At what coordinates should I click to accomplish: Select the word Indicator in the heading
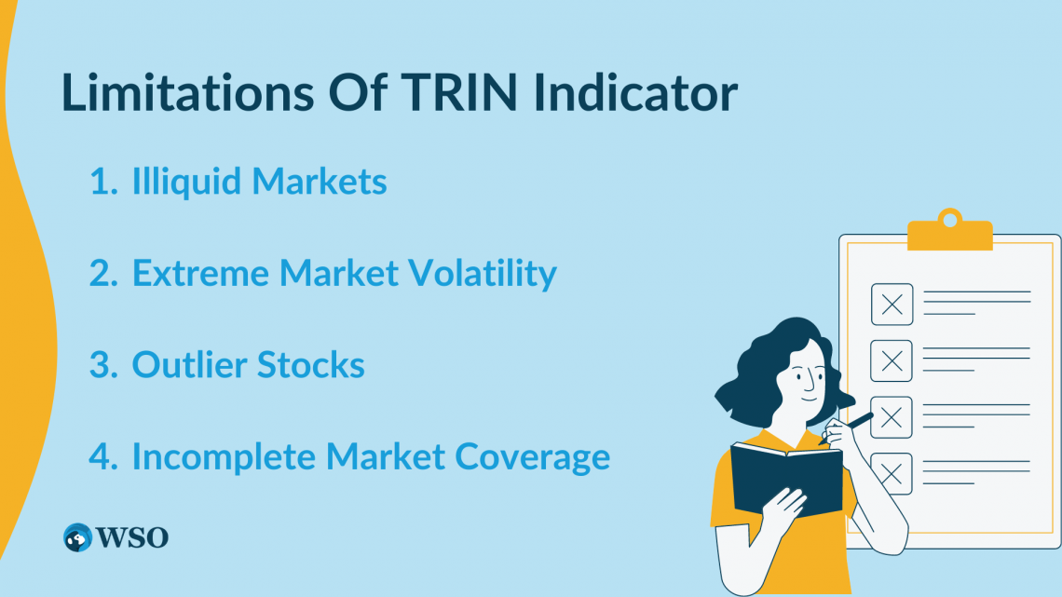642,93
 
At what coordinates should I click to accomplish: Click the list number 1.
102,182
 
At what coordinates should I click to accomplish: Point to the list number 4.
102,456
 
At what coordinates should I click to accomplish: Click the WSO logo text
132,537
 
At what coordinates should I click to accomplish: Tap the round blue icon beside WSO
78,537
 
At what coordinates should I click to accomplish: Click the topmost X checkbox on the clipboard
892,304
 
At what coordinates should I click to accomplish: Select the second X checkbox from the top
892,360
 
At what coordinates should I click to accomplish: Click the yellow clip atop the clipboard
949,232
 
